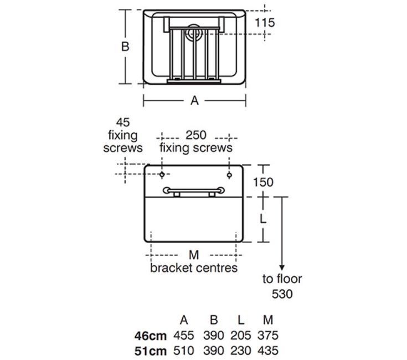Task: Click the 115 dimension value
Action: tap(265, 23)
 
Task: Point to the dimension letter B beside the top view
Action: tap(125, 47)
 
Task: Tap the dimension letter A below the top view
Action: tap(194, 100)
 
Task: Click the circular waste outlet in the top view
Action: tap(193, 33)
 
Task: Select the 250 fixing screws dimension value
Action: tap(196, 135)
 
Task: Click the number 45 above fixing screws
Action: tap(123, 122)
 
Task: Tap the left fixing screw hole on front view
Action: tap(162, 174)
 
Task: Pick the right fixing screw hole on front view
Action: tap(229, 175)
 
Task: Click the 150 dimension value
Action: tap(263, 182)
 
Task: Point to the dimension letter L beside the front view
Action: tap(263, 219)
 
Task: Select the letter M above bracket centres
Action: tap(194, 255)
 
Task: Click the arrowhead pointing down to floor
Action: tap(282, 268)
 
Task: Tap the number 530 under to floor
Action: tap(282, 294)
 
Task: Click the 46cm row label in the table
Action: tap(151, 336)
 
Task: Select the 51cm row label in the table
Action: tap(151, 351)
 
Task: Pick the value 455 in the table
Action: tap(184, 335)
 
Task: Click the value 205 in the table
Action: tap(241, 335)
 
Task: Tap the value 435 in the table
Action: tap(268, 351)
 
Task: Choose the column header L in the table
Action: tap(241, 320)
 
